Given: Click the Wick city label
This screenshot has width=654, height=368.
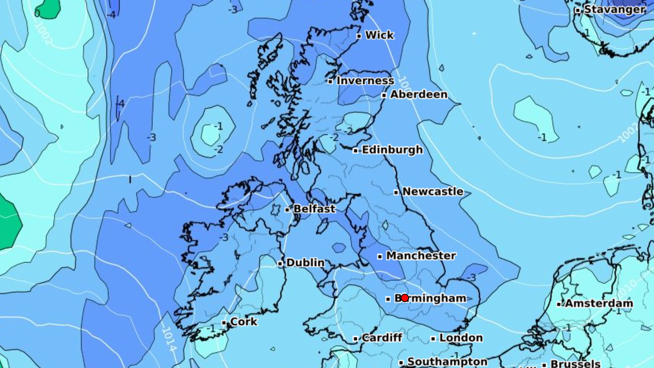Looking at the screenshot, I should [379, 35].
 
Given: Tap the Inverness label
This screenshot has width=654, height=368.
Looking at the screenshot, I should [365, 80].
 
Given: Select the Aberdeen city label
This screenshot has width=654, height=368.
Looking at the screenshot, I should [419, 95].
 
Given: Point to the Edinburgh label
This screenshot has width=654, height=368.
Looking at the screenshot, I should [392, 150].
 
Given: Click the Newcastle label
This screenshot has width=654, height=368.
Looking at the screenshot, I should [433, 192].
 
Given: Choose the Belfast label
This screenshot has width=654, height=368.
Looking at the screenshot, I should [314, 209].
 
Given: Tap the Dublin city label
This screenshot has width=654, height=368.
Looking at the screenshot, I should [305, 262].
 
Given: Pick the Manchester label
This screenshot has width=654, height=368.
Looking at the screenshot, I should [421, 256].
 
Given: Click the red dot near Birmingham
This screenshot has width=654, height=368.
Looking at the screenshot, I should [404, 298].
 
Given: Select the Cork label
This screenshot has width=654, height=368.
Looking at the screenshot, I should [244, 321].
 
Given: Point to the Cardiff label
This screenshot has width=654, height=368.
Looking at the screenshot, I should [382, 338].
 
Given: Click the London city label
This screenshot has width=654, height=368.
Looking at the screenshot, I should [461, 338].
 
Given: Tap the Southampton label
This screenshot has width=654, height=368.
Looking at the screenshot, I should [447, 362].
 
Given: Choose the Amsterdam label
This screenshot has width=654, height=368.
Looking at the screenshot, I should [599, 303].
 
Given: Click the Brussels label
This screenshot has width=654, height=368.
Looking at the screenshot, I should [575, 363].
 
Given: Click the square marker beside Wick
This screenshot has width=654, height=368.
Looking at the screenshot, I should [359, 36].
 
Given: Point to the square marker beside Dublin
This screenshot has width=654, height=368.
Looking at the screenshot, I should [281, 263].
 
